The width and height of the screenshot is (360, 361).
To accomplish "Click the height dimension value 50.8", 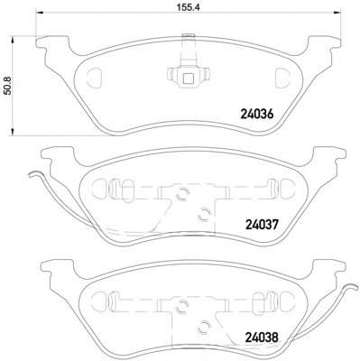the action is (x=6, y=86).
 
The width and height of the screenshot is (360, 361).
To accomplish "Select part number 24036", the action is (x=257, y=114).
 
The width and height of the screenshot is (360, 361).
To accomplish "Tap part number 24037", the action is (x=263, y=224).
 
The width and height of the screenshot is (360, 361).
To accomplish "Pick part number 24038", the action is (x=262, y=338).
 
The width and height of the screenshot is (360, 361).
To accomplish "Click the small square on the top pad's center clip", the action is (x=189, y=79).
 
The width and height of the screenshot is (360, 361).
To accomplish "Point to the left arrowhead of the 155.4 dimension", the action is (x=40, y=13).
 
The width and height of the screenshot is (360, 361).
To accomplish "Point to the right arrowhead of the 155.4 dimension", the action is (x=337, y=13).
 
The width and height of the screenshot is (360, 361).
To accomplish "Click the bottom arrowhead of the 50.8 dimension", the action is (x=13, y=131).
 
